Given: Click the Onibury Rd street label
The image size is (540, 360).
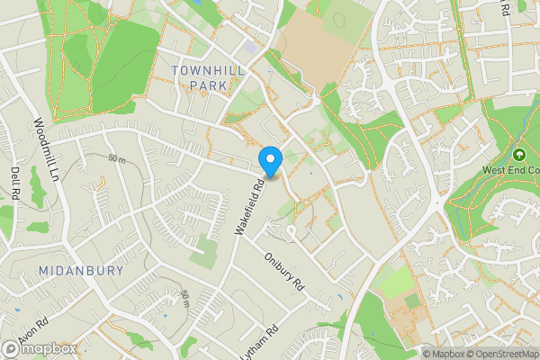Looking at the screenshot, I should [286, 267].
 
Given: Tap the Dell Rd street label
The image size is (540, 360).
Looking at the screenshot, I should [14, 184].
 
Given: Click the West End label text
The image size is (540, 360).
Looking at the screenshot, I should [509, 170].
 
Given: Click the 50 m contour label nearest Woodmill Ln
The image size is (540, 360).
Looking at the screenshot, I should [115, 159].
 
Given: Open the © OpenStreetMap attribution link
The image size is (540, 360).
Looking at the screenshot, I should [496, 353].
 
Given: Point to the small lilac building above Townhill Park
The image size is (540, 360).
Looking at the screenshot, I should [249, 47].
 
